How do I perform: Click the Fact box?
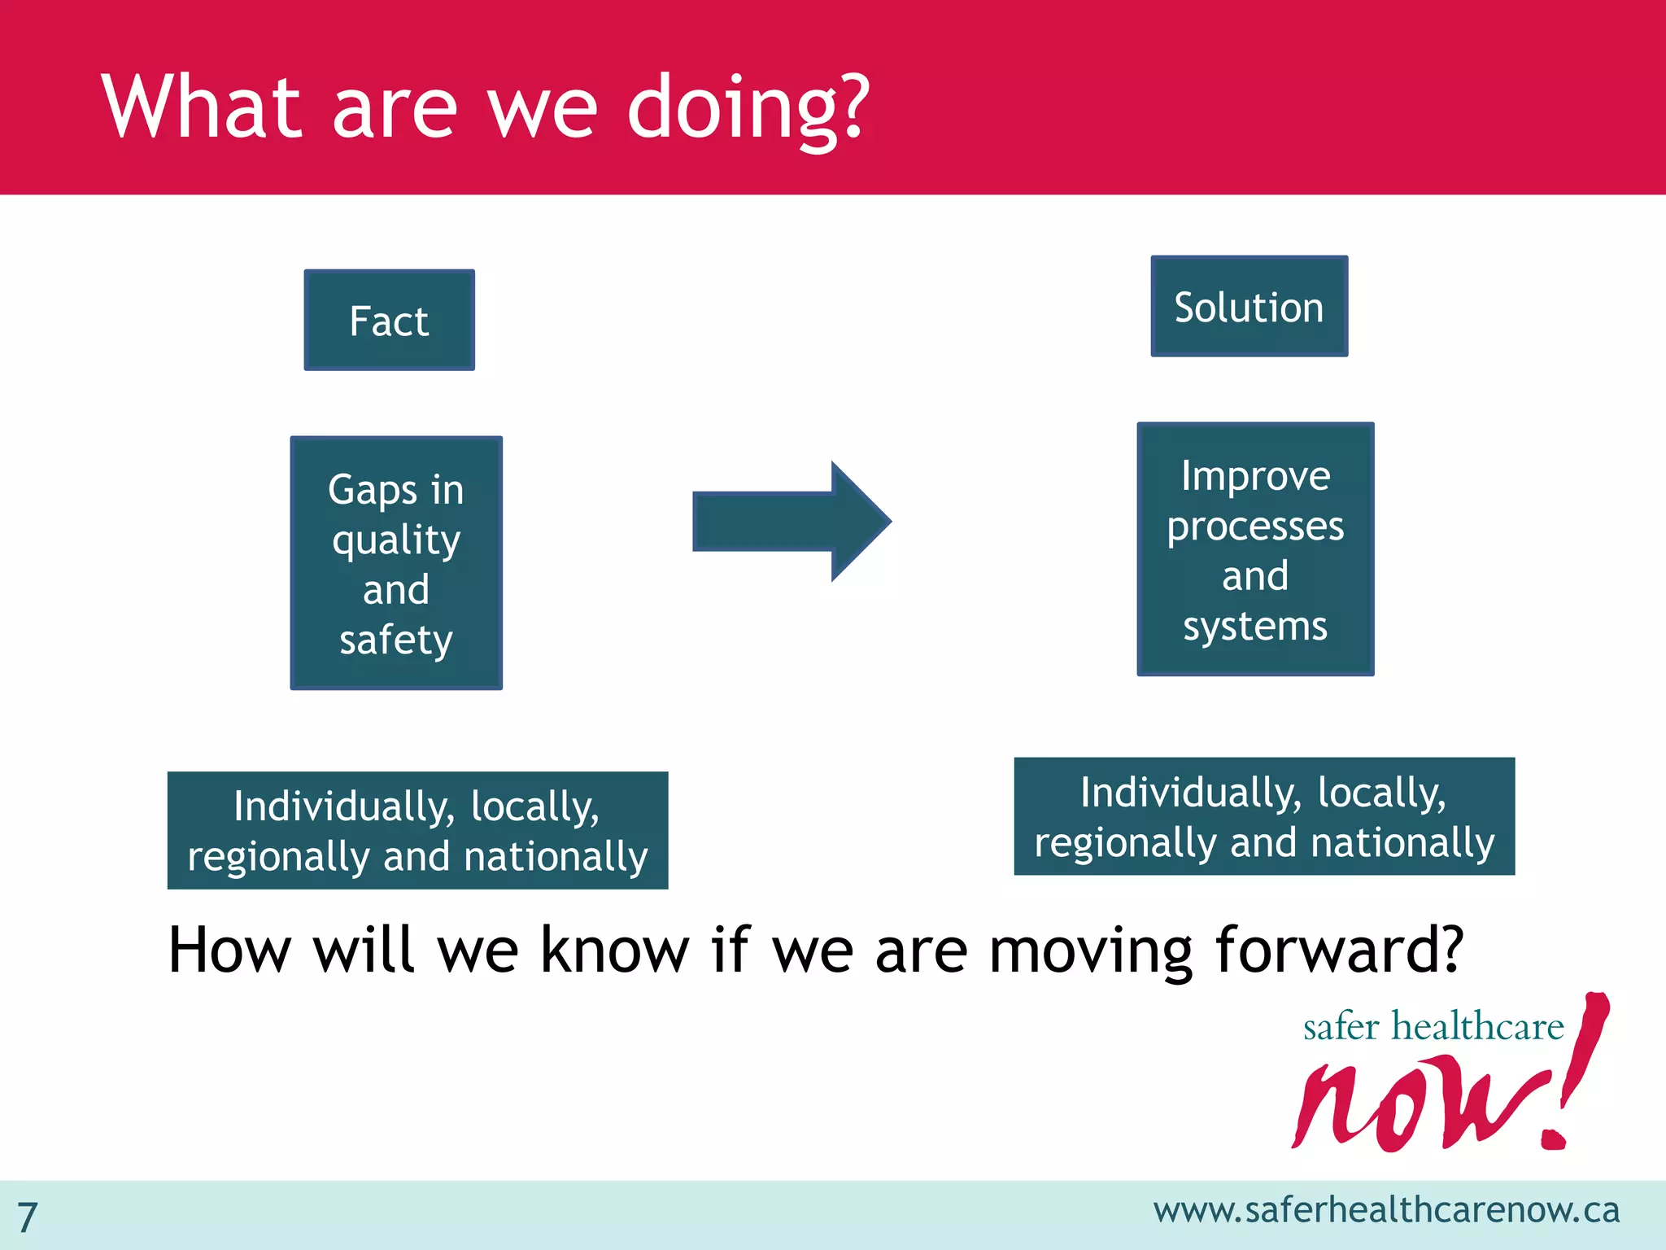tap(389, 321)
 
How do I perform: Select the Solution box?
tap(1249, 307)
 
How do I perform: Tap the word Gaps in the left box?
tap(372, 492)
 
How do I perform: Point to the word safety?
tap(396, 640)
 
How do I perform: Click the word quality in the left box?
tap(396, 540)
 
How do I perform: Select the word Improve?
tap(1255, 476)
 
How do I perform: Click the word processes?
tap(1255, 527)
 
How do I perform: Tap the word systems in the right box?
tap(1255, 627)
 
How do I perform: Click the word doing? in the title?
tap(748, 108)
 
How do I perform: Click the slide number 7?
tap(28, 1217)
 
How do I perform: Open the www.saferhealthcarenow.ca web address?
tap(1386, 1210)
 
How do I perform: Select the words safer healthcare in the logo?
tap(1433, 1026)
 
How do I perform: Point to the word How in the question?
tap(229, 950)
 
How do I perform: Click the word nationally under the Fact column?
tap(556, 857)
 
